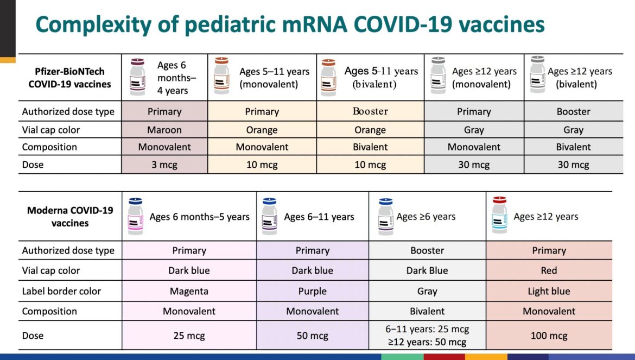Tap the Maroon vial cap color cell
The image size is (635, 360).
[164, 130]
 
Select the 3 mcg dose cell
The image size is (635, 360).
[164, 165]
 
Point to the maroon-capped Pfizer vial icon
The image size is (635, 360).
[137, 77]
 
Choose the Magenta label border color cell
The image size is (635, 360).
[189, 291]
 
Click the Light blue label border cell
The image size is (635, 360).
[549, 291]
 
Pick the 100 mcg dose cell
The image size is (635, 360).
[549, 336]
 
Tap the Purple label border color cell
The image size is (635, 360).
[312, 291]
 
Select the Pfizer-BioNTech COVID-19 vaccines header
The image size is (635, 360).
[69, 78]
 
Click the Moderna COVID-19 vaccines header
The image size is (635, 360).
[70, 217]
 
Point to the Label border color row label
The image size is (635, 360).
[61, 291]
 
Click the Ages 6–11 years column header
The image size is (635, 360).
[319, 217]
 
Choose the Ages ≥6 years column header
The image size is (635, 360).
[426, 217]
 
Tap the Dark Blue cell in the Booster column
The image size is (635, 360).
[427, 270]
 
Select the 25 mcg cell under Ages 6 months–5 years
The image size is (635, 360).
[189, 336]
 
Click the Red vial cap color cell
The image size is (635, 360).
[549, 270]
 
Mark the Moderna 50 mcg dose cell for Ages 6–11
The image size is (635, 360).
[312, 336]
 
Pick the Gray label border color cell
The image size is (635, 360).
[427, 291]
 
